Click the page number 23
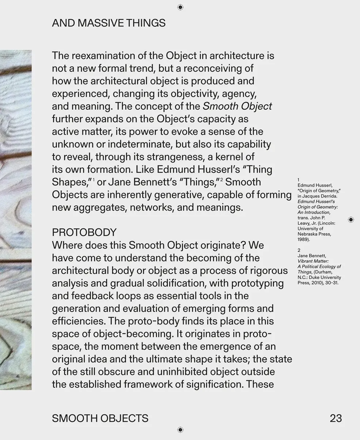point(336,418)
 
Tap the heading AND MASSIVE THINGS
point(109,23)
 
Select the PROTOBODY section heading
point(84,232)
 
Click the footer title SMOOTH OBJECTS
point(100,418)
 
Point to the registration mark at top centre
point(180,7)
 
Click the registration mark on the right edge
point(351,219)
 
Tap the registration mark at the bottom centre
point(180,430)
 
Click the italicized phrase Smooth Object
point(237,106)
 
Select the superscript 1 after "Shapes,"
point(94,180)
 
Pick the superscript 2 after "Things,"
point(221,180)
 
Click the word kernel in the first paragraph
point(231,157)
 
